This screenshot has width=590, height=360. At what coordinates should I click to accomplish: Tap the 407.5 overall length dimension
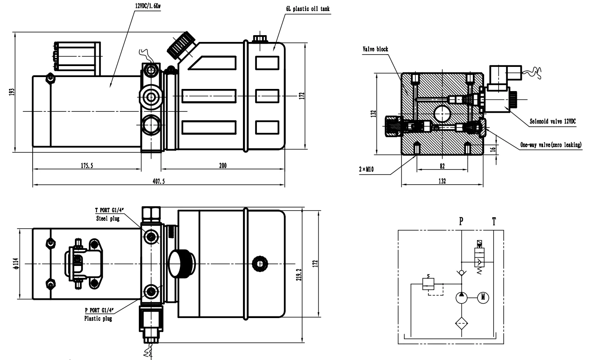158,181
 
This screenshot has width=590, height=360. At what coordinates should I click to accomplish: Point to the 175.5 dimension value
86,166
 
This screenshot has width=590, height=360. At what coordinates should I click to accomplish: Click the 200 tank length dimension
223,166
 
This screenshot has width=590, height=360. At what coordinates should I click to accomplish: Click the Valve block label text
375,49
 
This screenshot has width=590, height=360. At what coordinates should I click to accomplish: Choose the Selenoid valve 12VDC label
552,121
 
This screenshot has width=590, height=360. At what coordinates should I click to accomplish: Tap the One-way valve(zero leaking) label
551,145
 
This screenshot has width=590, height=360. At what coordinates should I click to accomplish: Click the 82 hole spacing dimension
442,166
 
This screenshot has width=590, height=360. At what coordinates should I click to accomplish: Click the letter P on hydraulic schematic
462,221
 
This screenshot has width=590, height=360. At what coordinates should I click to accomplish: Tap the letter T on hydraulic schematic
494,221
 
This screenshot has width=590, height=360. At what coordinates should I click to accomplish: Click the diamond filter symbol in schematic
462,324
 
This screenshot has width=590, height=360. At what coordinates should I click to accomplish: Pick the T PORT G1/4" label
111,210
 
